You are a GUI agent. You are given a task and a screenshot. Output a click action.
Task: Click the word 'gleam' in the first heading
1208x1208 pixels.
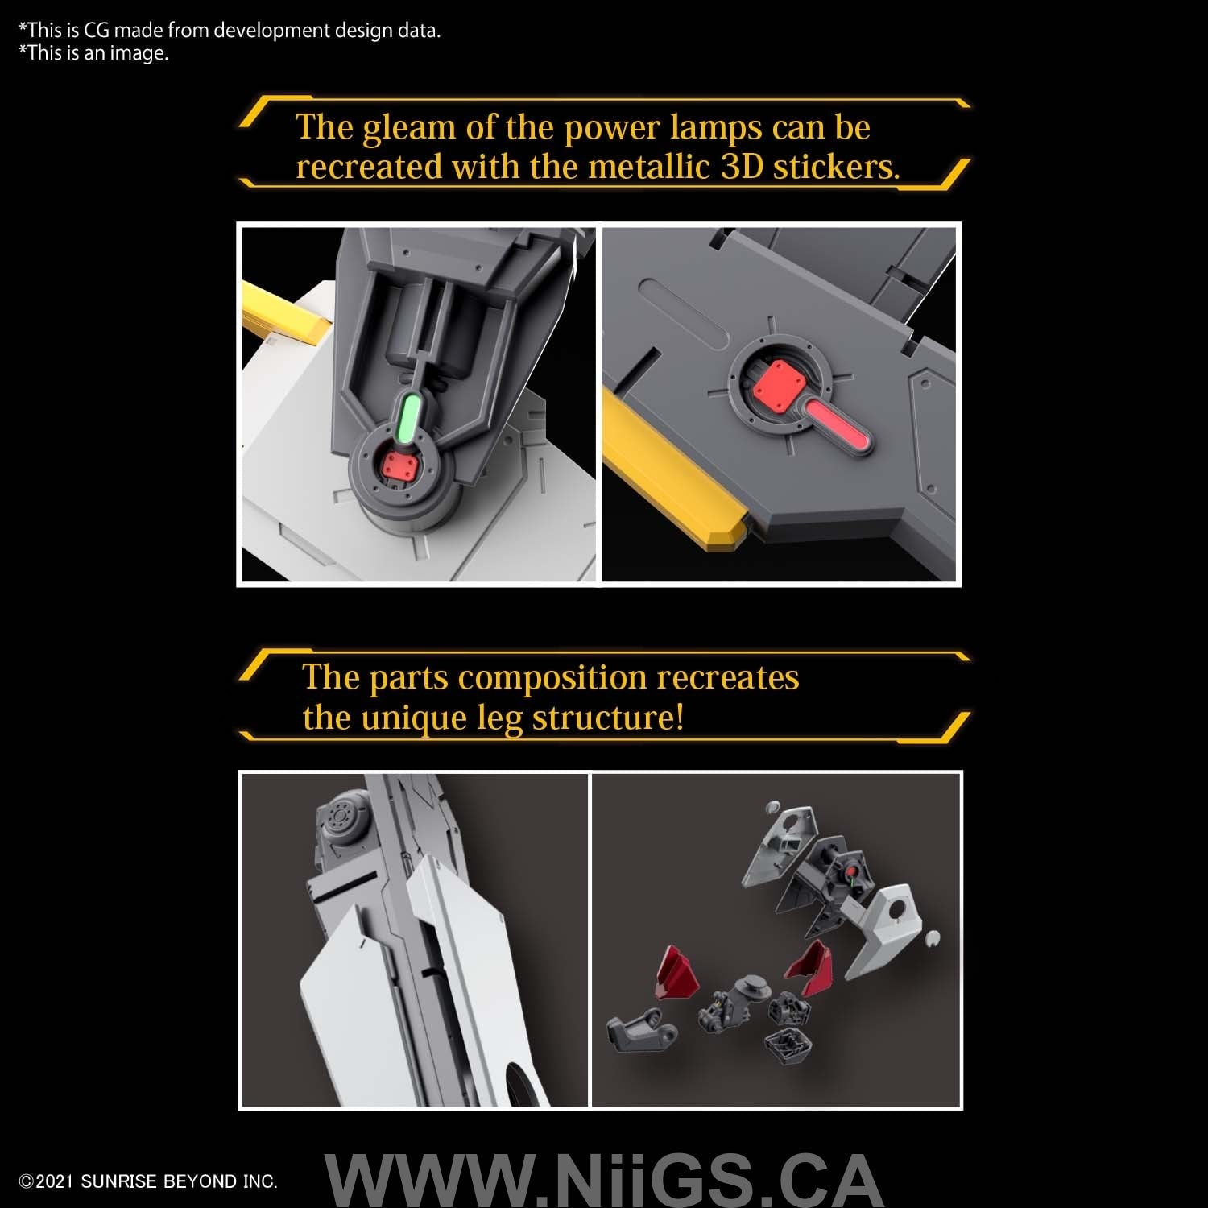[x=409, y=128]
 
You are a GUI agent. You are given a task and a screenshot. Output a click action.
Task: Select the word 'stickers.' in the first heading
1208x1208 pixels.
[x=837, y=167]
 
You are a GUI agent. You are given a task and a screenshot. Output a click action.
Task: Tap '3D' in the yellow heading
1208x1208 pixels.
[x=742, y=167]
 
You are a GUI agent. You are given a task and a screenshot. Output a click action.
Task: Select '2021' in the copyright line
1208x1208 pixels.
[x=54, y=1181]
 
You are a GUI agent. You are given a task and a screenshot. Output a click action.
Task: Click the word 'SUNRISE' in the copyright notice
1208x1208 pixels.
[x=118, y=1181]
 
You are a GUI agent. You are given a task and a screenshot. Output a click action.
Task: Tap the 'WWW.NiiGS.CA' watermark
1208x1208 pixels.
[x=602, y=1179]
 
